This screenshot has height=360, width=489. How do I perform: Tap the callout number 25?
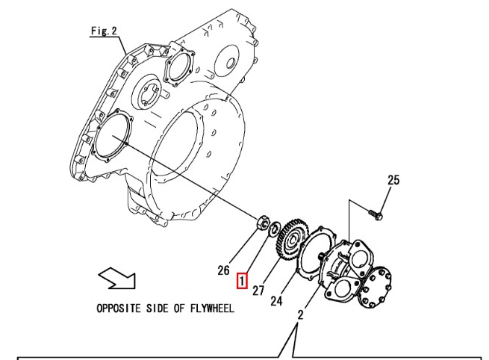393,180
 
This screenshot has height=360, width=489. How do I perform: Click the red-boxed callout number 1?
242,281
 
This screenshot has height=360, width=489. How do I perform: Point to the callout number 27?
258,290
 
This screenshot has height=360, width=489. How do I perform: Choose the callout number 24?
277,300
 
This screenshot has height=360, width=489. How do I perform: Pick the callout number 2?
300,314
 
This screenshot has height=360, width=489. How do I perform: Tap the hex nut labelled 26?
262,222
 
